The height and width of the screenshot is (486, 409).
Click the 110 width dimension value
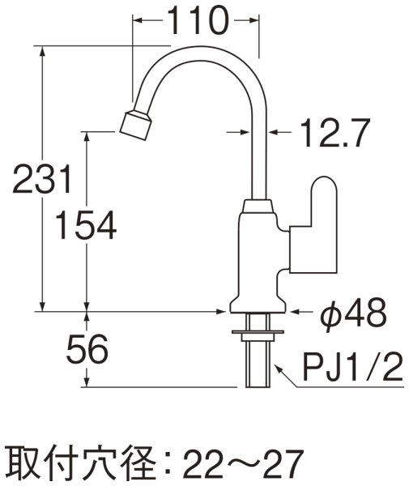click(197, 22)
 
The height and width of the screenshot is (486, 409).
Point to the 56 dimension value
click(87, 350)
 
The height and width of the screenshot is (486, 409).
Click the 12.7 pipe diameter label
click(331, 130)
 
